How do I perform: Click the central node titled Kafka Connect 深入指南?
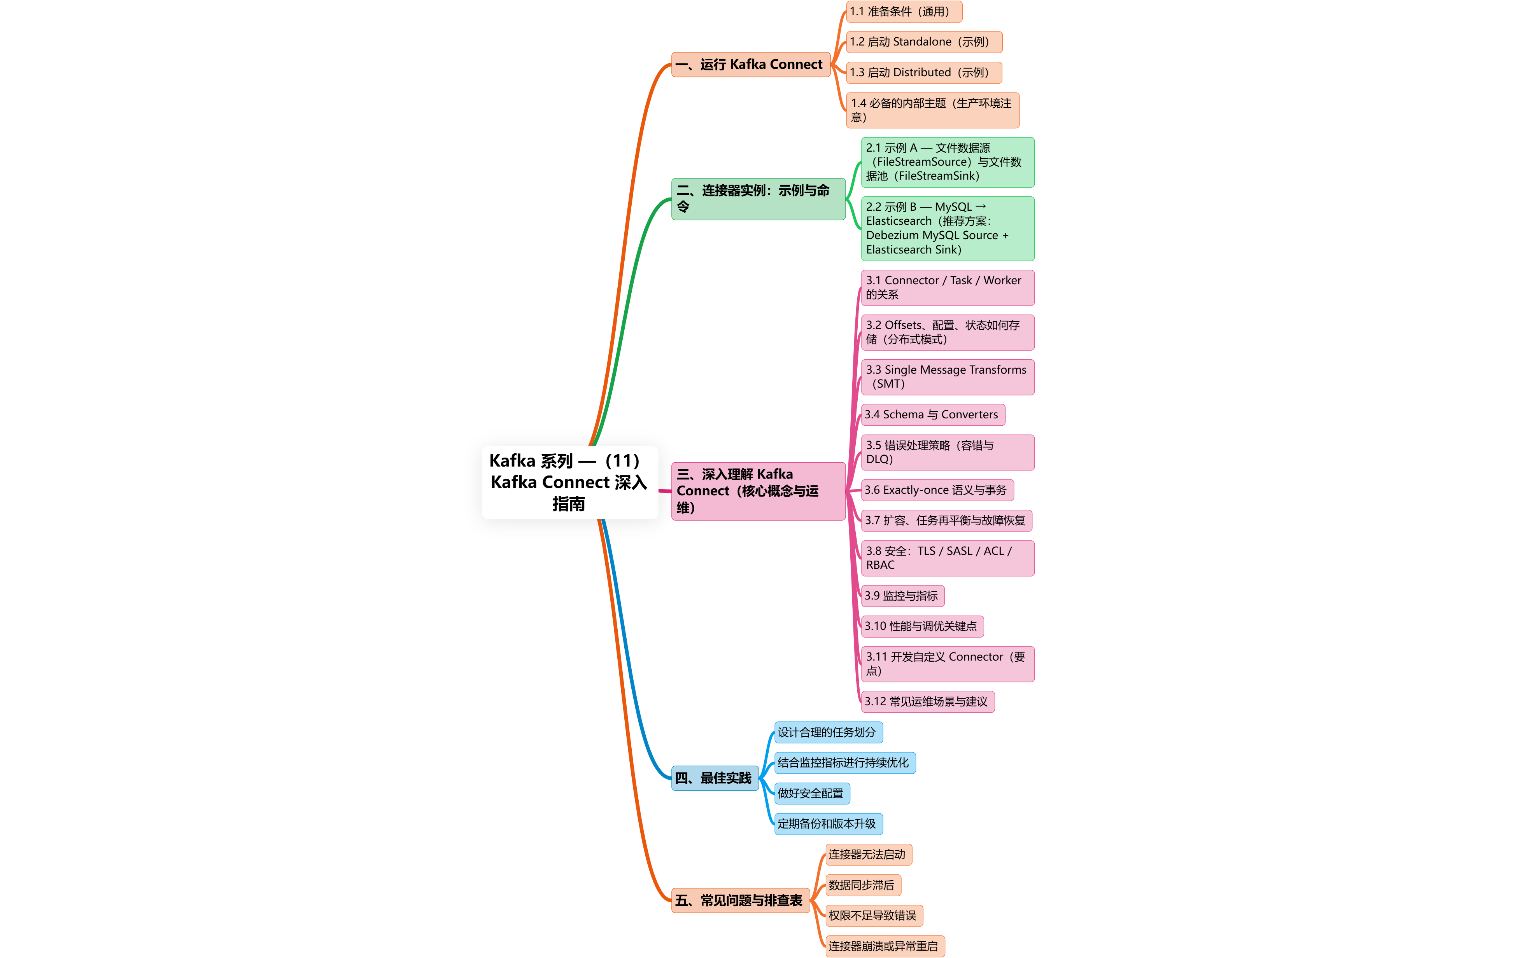coord(569,482)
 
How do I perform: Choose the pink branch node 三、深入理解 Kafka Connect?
coord(758,491)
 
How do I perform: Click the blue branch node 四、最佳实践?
coord(714,778)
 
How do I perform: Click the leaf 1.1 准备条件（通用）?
coord(903,11)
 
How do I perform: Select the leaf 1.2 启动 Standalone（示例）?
coord(923,42)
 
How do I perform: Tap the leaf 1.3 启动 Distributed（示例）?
coord(923,72)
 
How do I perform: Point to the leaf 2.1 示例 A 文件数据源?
coord(947,162)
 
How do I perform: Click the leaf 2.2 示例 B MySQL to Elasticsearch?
coord(947,228)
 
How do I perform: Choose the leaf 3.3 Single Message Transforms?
coord(947,377)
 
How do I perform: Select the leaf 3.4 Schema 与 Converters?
coord(932,414)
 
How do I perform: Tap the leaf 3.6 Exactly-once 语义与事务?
coord(937,490)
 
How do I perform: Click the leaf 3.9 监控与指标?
coord(902,596)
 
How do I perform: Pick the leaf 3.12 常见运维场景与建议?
coord(927,701)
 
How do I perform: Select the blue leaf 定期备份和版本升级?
coord(828,824)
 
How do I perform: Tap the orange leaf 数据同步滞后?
coord(862,885)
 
